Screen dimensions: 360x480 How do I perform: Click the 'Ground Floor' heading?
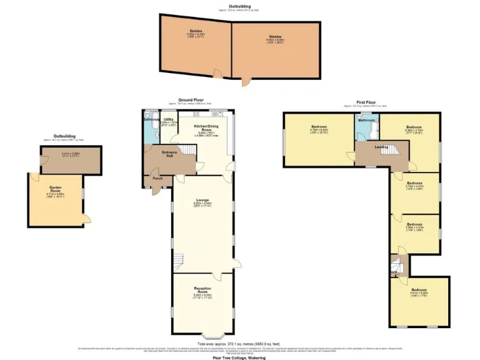pyautogui.click(x=190, y=99)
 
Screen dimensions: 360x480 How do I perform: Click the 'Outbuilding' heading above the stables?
pyautogui.click(x=239, y=6)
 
